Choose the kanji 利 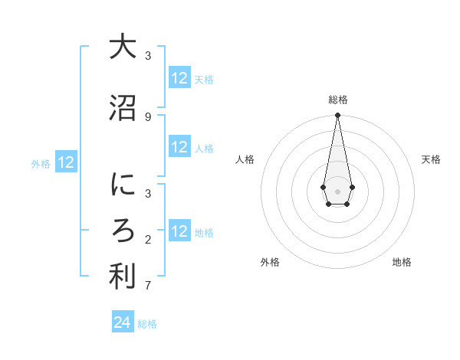pos(123,277)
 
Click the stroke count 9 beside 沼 pos(148,116)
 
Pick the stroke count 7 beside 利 pos(148,286)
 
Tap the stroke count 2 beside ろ pos(148,240)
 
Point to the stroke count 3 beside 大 pos(148,55)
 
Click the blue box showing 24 pos(123,322)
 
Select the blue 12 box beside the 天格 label pos(179,78)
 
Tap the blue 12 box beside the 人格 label pos(179,147)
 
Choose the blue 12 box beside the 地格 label pos(179,231)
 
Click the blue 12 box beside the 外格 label pos(66,162)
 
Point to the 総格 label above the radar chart pos(338,100)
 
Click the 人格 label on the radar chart pos(245,159)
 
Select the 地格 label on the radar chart pos(402,262)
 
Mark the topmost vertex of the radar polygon pos(337,116)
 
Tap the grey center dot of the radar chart pos(337,191)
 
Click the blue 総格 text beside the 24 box pos(147,324)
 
